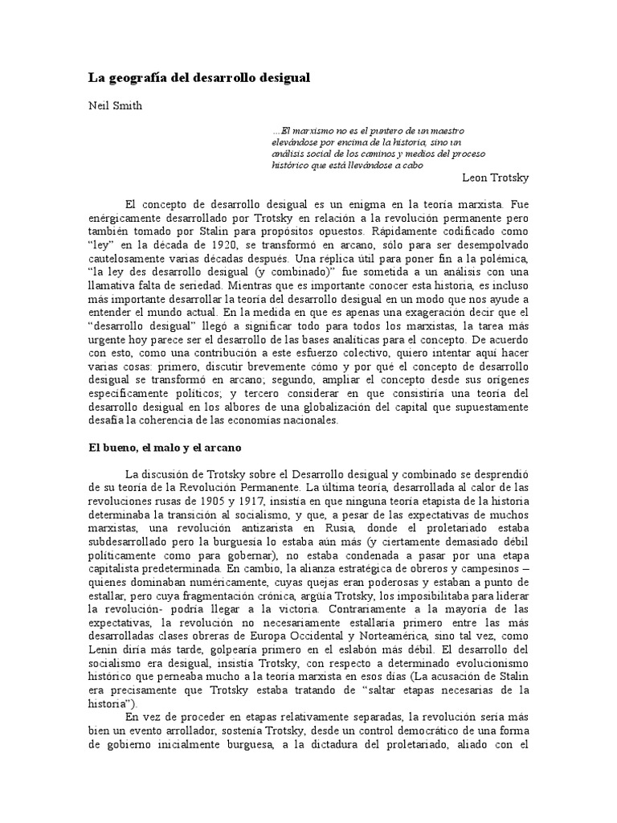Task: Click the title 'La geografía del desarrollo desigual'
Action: click(x=198, y=78)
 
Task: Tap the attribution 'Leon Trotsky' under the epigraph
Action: click(x=496, y=176)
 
